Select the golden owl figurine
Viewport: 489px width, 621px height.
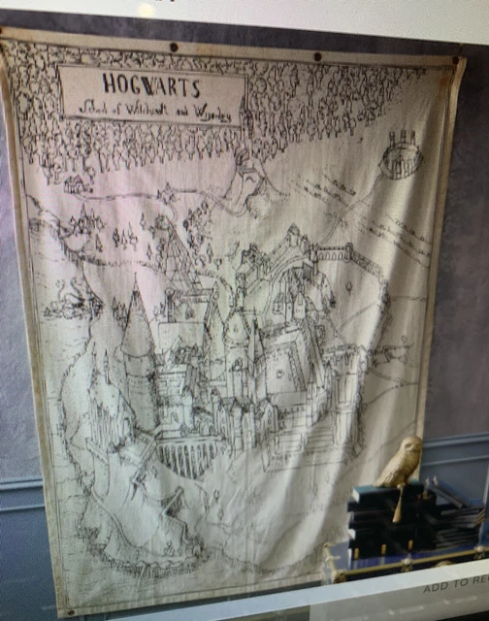point(400,463)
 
